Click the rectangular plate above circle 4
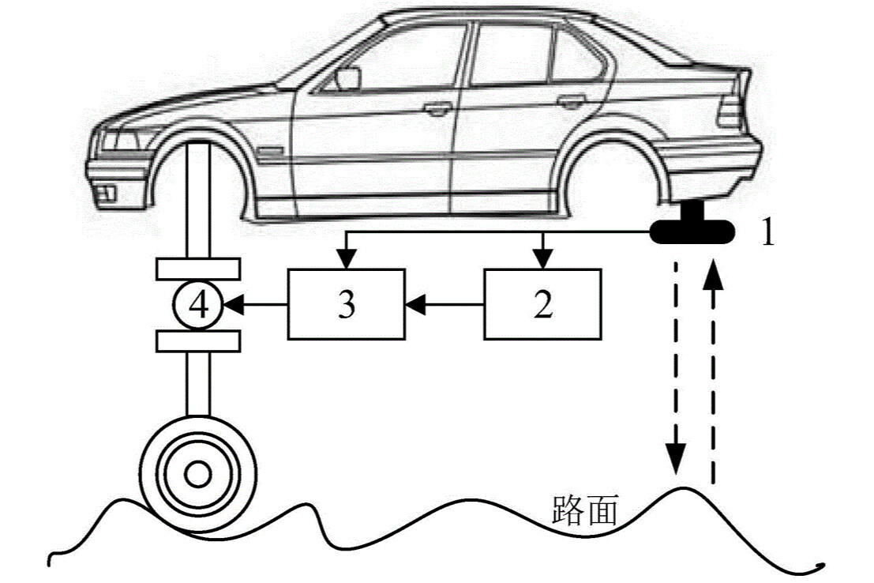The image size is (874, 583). pos(197,269)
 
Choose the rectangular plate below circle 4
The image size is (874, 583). pos(197,340)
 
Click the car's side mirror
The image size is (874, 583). pos(348,78)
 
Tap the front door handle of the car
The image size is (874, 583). pos(435,108)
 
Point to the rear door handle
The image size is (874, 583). pos(568,101)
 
